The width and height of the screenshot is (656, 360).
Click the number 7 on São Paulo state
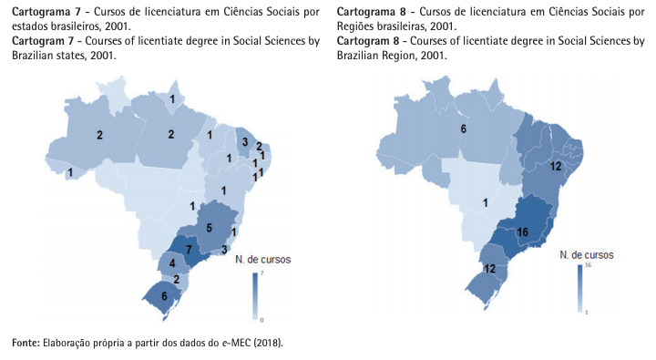[x=189, y=250]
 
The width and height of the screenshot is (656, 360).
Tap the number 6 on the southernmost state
[x=165, y=296]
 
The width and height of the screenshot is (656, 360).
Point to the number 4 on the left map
[x=171, y=263]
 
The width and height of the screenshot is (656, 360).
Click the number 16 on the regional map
[x=523, y=233]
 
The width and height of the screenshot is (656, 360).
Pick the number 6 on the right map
[x=464, y=129]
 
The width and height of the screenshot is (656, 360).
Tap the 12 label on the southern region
[x=489, y=269]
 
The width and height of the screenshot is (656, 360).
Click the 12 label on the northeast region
[x=556, y=166]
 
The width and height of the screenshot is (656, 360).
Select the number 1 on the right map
[x=486, y=202]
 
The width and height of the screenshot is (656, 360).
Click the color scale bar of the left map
[x=255, y=297]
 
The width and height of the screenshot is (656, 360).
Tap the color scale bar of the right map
[x=579, y=288]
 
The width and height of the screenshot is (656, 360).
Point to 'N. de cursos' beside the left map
[x=262, y=260]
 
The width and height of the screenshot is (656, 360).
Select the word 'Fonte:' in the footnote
[x=26, y=343]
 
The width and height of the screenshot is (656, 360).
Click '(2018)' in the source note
[x=264, y=343]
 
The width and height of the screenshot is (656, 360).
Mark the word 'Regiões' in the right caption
[x=358, y=26]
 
